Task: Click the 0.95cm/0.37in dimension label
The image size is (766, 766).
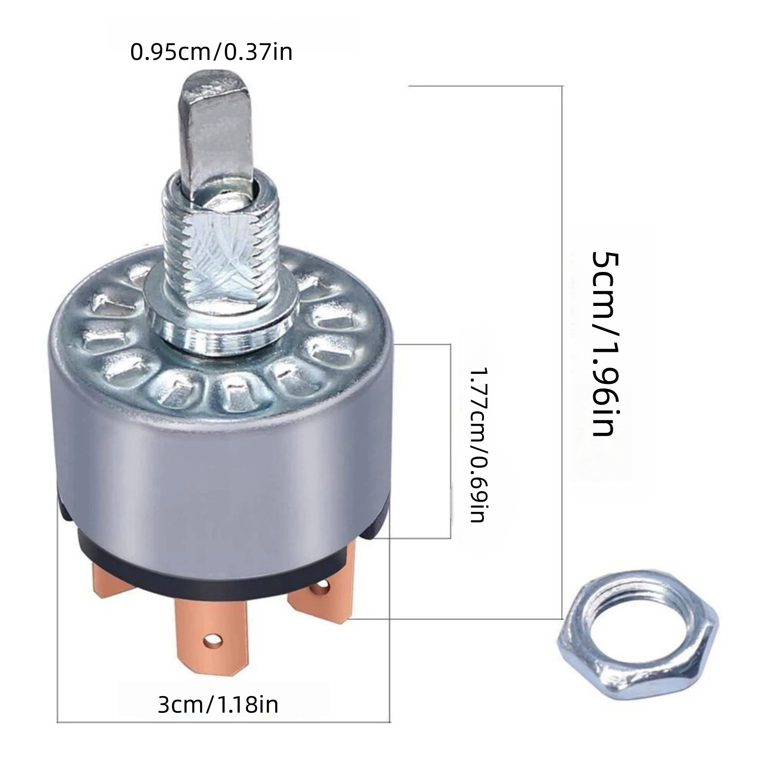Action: pos(211,52)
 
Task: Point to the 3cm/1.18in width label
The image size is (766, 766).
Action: pos(218,705)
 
